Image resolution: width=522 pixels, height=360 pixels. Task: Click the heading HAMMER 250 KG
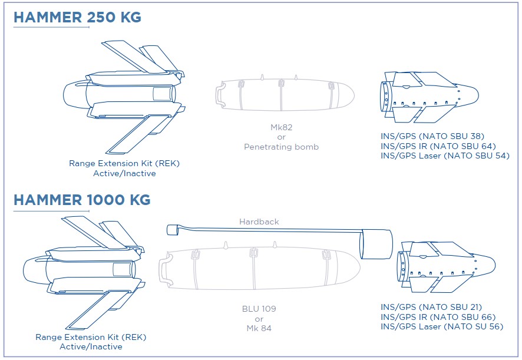tap(77, 17)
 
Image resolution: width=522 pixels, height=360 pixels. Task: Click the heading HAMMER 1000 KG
tap(81, 200)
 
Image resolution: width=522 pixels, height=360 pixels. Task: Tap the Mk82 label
tap(281, 127)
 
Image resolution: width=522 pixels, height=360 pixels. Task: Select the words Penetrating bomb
tap(281, 147)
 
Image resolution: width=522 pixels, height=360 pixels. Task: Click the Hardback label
tap(259, 222)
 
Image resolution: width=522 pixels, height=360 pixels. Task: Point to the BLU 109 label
tap(259, 309)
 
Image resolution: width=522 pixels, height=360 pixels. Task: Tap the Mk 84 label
tap(259, 328)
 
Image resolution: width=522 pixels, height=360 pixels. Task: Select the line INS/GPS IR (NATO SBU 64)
tap(438, 146)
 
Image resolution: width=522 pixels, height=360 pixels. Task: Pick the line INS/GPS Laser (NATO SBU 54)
tap(445, 156)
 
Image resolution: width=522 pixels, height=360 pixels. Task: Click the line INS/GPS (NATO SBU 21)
tap(431, 307)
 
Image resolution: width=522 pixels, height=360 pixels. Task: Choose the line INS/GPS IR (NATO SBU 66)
tap(438, 317)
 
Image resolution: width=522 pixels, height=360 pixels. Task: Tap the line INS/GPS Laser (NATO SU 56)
tap(441, 326)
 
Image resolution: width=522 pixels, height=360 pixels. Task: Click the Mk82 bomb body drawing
tap(283, 94)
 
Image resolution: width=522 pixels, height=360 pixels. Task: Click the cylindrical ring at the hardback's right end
tap(376, 244)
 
